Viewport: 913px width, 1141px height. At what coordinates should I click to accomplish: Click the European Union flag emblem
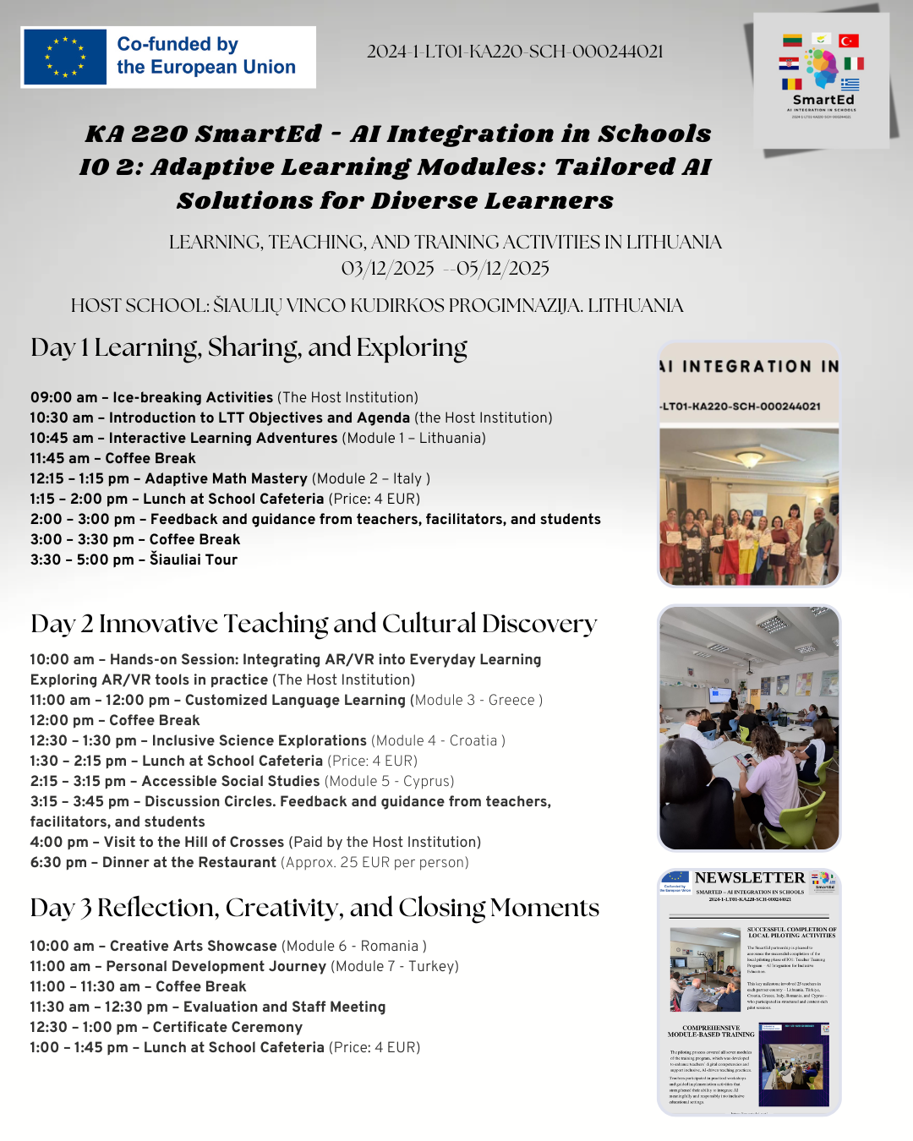[x=65, y=57]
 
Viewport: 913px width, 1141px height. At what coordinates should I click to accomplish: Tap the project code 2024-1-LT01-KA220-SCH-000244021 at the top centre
[x=515, y=52]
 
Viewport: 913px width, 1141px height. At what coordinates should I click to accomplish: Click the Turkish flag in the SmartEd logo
[x=849, y=41]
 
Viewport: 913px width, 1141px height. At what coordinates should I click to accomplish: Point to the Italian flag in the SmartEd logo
[x=854, y=63]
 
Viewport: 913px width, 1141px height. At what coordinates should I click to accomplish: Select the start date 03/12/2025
[x=387, y=269]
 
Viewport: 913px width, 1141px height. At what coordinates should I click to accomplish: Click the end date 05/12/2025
[x=503, y=269]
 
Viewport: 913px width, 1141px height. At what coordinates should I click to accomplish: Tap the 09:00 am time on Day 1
[x=63, y=397]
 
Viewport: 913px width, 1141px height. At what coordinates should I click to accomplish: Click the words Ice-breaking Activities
[x=193, y=397]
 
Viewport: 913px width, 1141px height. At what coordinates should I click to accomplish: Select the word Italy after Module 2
[x=407, y=478]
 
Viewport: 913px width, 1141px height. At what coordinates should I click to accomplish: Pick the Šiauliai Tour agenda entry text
[x=194, y=560]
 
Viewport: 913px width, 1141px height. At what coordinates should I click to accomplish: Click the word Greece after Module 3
[x=511, y=700]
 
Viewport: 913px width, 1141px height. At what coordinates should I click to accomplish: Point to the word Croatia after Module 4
[x=473, y=740]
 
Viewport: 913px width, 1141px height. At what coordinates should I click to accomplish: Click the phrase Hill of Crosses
[x=232, y=842]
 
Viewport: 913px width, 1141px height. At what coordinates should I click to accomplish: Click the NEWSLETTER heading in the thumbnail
[x=750, y=878]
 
